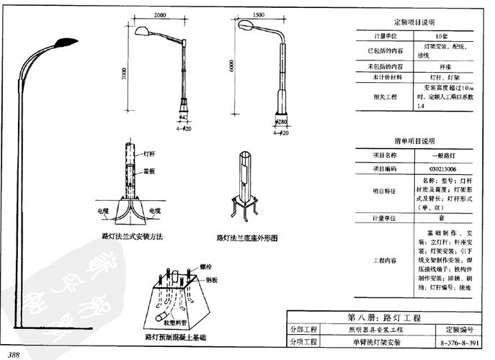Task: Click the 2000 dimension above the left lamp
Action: [x=160, y=15]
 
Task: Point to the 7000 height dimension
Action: [x=125, y=73]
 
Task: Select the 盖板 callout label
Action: [x=149, y=173]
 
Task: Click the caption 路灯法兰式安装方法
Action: [x=133, y=236]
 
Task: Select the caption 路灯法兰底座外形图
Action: [x=247, y=237]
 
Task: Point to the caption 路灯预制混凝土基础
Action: [x=175, y=336]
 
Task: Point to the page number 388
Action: [x=14, y=354]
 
